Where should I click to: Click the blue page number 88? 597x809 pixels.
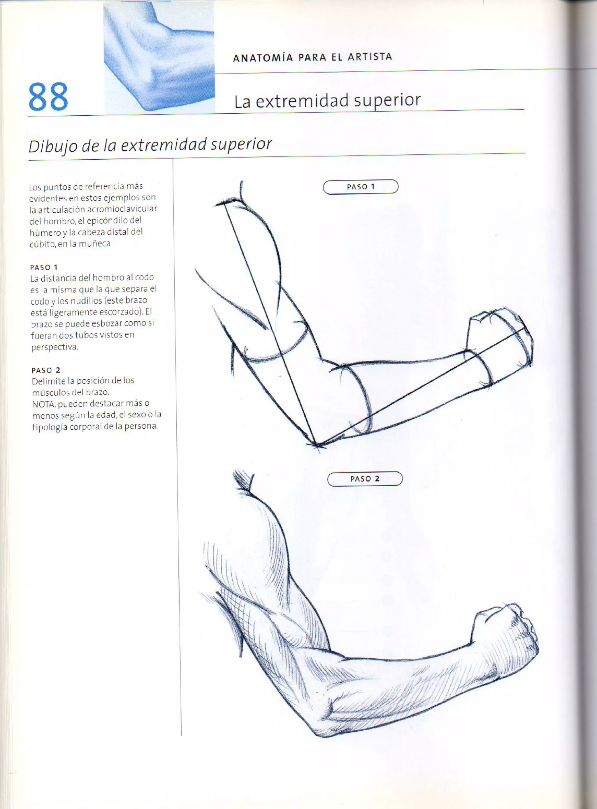pyautogui.click(x=48, y=96)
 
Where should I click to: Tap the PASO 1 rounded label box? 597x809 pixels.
pyautogui.click(x=360, y=187)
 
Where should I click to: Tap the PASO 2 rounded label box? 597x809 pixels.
pyautogui.click(x=365, y=479)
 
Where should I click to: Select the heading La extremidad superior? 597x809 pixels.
pyautogui.click(x=327, y=101)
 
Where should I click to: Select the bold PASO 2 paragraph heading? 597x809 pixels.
pyautogui.click(x=46, y=370)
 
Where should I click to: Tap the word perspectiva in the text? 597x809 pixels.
pyautogui.click(x=54, y=347)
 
